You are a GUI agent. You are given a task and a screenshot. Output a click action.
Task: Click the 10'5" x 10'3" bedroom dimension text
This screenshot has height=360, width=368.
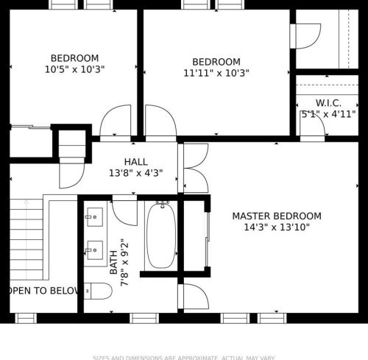click(74, 71)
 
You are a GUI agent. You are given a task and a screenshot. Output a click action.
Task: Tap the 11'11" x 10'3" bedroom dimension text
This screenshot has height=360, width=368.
click(216, 74)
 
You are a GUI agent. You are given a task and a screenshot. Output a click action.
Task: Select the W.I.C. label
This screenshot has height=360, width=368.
click(328, 102)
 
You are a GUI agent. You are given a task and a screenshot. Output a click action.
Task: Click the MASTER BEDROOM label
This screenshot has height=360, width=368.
click(277, 216)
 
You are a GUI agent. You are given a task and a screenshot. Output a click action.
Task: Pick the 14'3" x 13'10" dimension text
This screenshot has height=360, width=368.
click(277, 227)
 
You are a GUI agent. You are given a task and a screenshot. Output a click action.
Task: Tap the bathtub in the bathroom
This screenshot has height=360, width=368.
click(160, 236)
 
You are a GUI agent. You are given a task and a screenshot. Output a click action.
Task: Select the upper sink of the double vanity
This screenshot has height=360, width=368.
click(94, 216)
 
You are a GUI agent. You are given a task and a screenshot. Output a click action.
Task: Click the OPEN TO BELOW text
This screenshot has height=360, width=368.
click(43, 291)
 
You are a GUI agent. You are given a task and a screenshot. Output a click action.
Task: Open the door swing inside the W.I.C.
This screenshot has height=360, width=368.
click(314, 128)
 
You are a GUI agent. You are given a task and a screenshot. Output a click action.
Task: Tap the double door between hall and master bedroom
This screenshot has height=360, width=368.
click(194, 168)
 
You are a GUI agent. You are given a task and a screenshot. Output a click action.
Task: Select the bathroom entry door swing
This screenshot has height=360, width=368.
click(125, 211)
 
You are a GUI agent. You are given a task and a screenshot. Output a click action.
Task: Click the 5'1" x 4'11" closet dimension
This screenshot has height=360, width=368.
click(328, 114)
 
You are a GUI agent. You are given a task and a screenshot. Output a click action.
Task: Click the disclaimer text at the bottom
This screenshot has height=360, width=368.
click(184, 358)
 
